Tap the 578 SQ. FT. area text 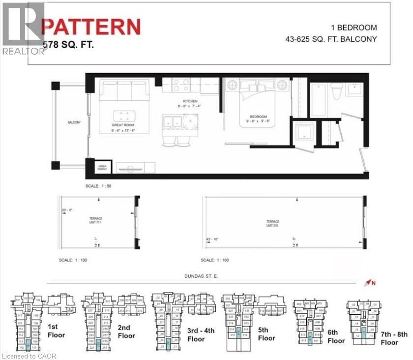pyautogui.click(x=68, y=45)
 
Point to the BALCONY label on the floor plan pyautogui.click(x=74, y=122)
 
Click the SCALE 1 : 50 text pyautogui.click(x=99, y=187)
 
